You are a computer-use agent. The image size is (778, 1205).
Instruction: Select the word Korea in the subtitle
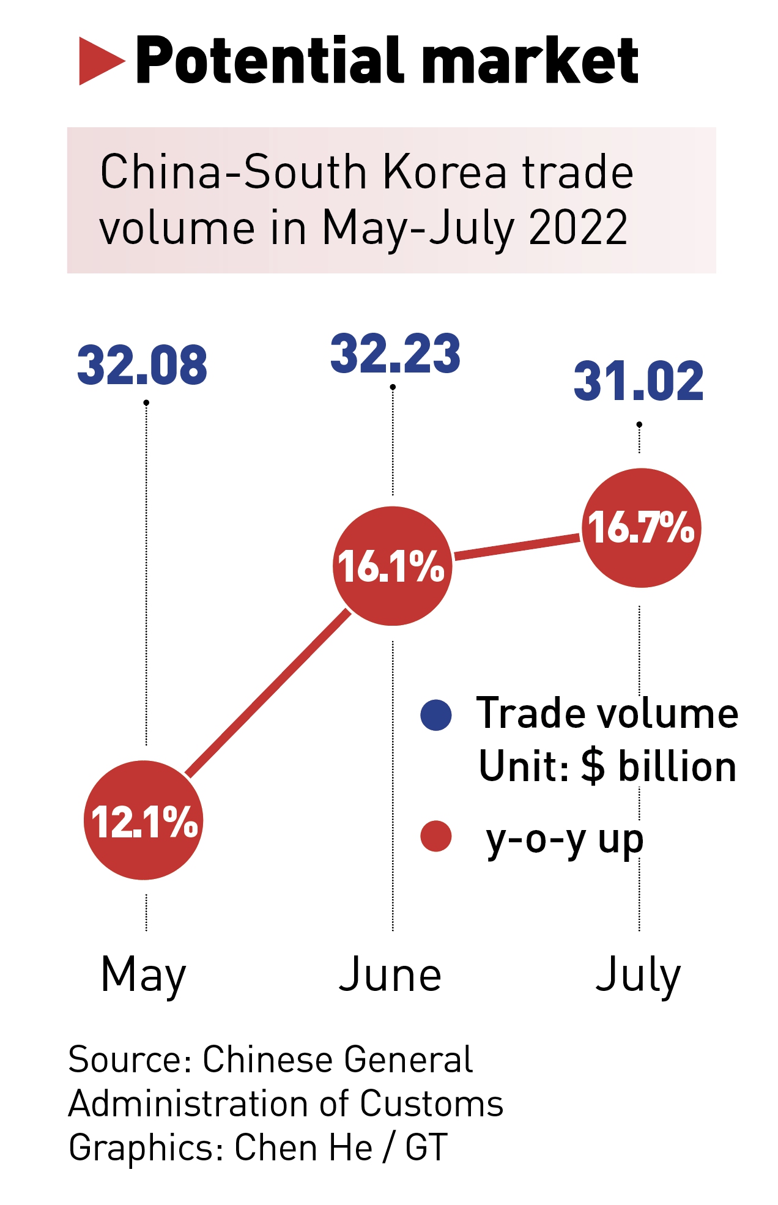coord(445,172)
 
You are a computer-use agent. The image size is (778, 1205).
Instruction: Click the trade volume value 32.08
coord(142,365)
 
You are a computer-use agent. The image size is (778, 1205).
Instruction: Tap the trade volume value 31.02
coord(639,381)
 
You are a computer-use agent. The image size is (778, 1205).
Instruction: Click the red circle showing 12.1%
coord(144,820)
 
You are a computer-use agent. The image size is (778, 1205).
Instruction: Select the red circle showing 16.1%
coord(392,566)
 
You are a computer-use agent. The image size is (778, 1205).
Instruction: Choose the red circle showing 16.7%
coord(640,527)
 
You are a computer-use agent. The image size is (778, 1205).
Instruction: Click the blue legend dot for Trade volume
coord(436,715)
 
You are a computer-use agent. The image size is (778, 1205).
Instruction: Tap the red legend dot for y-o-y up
coord(436,836)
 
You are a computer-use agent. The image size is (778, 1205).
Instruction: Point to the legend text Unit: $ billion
coord(607,766)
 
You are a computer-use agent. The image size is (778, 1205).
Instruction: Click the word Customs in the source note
coord(431,1104)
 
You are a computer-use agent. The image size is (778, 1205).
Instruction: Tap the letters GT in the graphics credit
coord(426,1148)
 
